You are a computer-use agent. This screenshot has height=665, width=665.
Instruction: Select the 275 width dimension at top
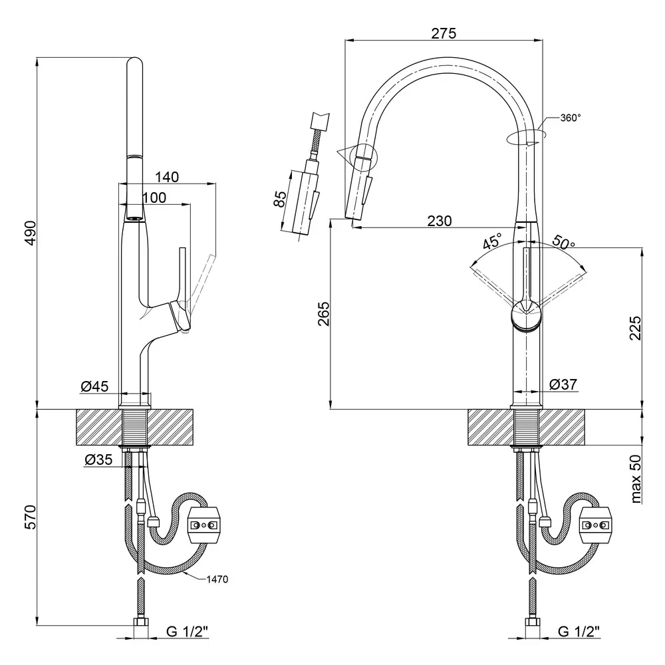(x=443, y=33)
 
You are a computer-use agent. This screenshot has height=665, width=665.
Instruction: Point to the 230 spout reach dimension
(x=439, y=220)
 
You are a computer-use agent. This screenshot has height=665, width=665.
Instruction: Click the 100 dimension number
(x=154, y=198)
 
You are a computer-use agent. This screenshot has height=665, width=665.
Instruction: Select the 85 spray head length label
(x=280, y=199)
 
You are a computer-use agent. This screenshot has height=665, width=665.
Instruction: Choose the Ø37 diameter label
(x=563, y=384)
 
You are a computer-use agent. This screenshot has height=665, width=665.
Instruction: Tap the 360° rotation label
(x=571, y=118)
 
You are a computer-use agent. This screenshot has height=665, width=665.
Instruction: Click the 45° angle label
(x=492, y=242)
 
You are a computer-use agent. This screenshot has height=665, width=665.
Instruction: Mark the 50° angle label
(x=564, y=243)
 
